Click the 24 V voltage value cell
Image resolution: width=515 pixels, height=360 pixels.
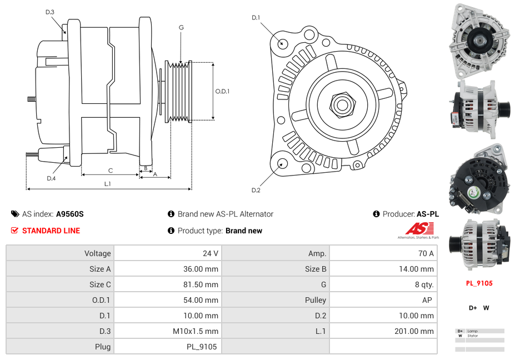(x=210, y=253)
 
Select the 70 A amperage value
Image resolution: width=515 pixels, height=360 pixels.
(x=426, y=253)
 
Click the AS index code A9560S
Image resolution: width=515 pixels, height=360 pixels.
(x=70, y=214)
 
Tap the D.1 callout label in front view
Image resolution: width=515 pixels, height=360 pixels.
(x=256, y=18)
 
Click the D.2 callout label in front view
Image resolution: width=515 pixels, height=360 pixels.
(x=256, y=191)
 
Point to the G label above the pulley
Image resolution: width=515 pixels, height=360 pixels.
(x=181, y=28)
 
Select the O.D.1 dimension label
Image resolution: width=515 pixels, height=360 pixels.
(x=222, y=92)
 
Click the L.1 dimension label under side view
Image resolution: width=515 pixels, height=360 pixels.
(x=108, y=183)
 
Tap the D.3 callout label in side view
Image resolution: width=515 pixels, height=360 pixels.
(x=50, y=12)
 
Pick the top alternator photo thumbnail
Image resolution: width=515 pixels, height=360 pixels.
(x=479, y=41)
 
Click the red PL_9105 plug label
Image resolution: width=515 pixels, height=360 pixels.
(x=479, y=283)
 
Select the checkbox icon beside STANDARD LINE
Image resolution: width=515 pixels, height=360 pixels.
(x=14, y=231)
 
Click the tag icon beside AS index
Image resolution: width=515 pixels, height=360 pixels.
(x=14, y=214)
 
